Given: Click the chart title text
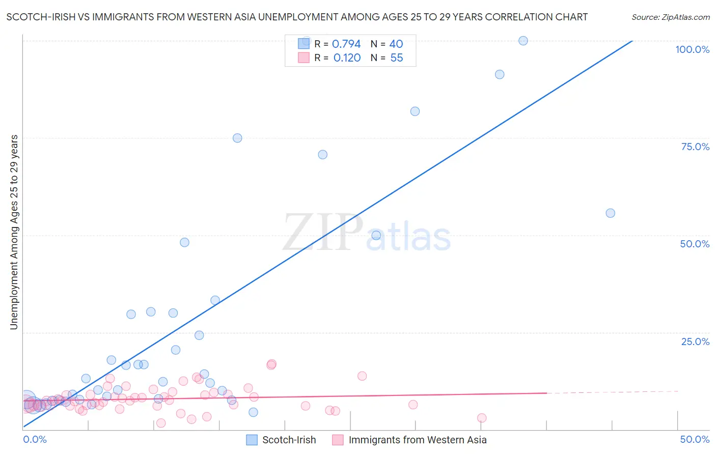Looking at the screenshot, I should click(x=297, y=17).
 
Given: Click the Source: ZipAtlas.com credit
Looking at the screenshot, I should click(x=670, y=17).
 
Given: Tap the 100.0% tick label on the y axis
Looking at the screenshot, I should click(x=692, y=49).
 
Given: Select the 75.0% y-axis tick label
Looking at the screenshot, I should click(x=695, y=147).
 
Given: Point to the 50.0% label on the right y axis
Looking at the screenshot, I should click(x=695, y=244).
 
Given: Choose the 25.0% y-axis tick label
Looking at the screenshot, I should click(x=695, y=342).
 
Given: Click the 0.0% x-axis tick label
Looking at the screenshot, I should click(x=35, y=439).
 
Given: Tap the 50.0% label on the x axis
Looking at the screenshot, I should click(x=695, y=439).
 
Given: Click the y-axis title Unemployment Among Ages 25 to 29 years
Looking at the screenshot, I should click(x=14, y=232).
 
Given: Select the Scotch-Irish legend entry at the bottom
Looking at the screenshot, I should click(x=289, y=440).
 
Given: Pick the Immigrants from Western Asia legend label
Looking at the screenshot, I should click(x=417, y=440).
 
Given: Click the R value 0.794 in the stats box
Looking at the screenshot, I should click(x=346, y=44).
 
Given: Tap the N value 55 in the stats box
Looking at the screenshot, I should click(x=397, y=58).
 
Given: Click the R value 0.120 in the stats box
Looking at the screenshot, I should click(x=347, y=58).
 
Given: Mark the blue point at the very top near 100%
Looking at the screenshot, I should click(x=523, y=41).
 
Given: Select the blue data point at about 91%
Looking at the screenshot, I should click(x=500, y=74).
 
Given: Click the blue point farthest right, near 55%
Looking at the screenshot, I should click(x=610, y=213).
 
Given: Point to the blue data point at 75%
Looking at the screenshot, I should click(x=237, y=138).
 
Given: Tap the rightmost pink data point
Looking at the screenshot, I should click(x=482, y=418).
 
